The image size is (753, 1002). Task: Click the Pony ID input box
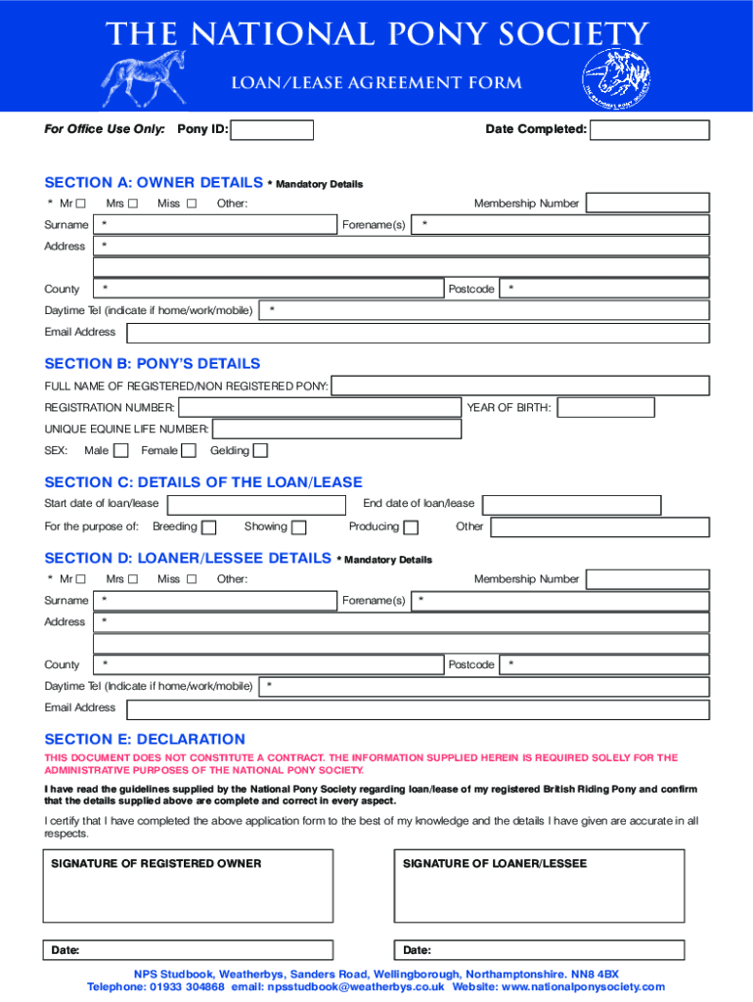(272, 130)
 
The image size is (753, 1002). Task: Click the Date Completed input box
(649, 130)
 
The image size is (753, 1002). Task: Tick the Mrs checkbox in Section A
(133, 204)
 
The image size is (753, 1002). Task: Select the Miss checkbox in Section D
(192, 579)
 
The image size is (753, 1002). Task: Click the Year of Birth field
(605, 407)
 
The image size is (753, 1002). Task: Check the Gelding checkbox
(260, 451)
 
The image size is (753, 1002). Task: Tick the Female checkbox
(190, 451)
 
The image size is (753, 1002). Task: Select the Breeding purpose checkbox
(208, 527)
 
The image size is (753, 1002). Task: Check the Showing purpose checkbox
(299, 527)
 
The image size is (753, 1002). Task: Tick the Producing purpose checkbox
(411, 527)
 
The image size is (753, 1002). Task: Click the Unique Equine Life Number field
(336, 430)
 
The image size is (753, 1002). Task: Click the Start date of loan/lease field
(255, 505)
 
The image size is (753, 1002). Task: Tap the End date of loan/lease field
(571, 505)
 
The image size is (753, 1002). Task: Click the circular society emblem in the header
(616, 78)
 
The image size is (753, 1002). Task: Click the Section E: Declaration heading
(145, 740)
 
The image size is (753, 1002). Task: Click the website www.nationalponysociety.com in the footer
(583, 987)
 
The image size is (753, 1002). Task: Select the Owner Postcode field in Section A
(603, 289)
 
